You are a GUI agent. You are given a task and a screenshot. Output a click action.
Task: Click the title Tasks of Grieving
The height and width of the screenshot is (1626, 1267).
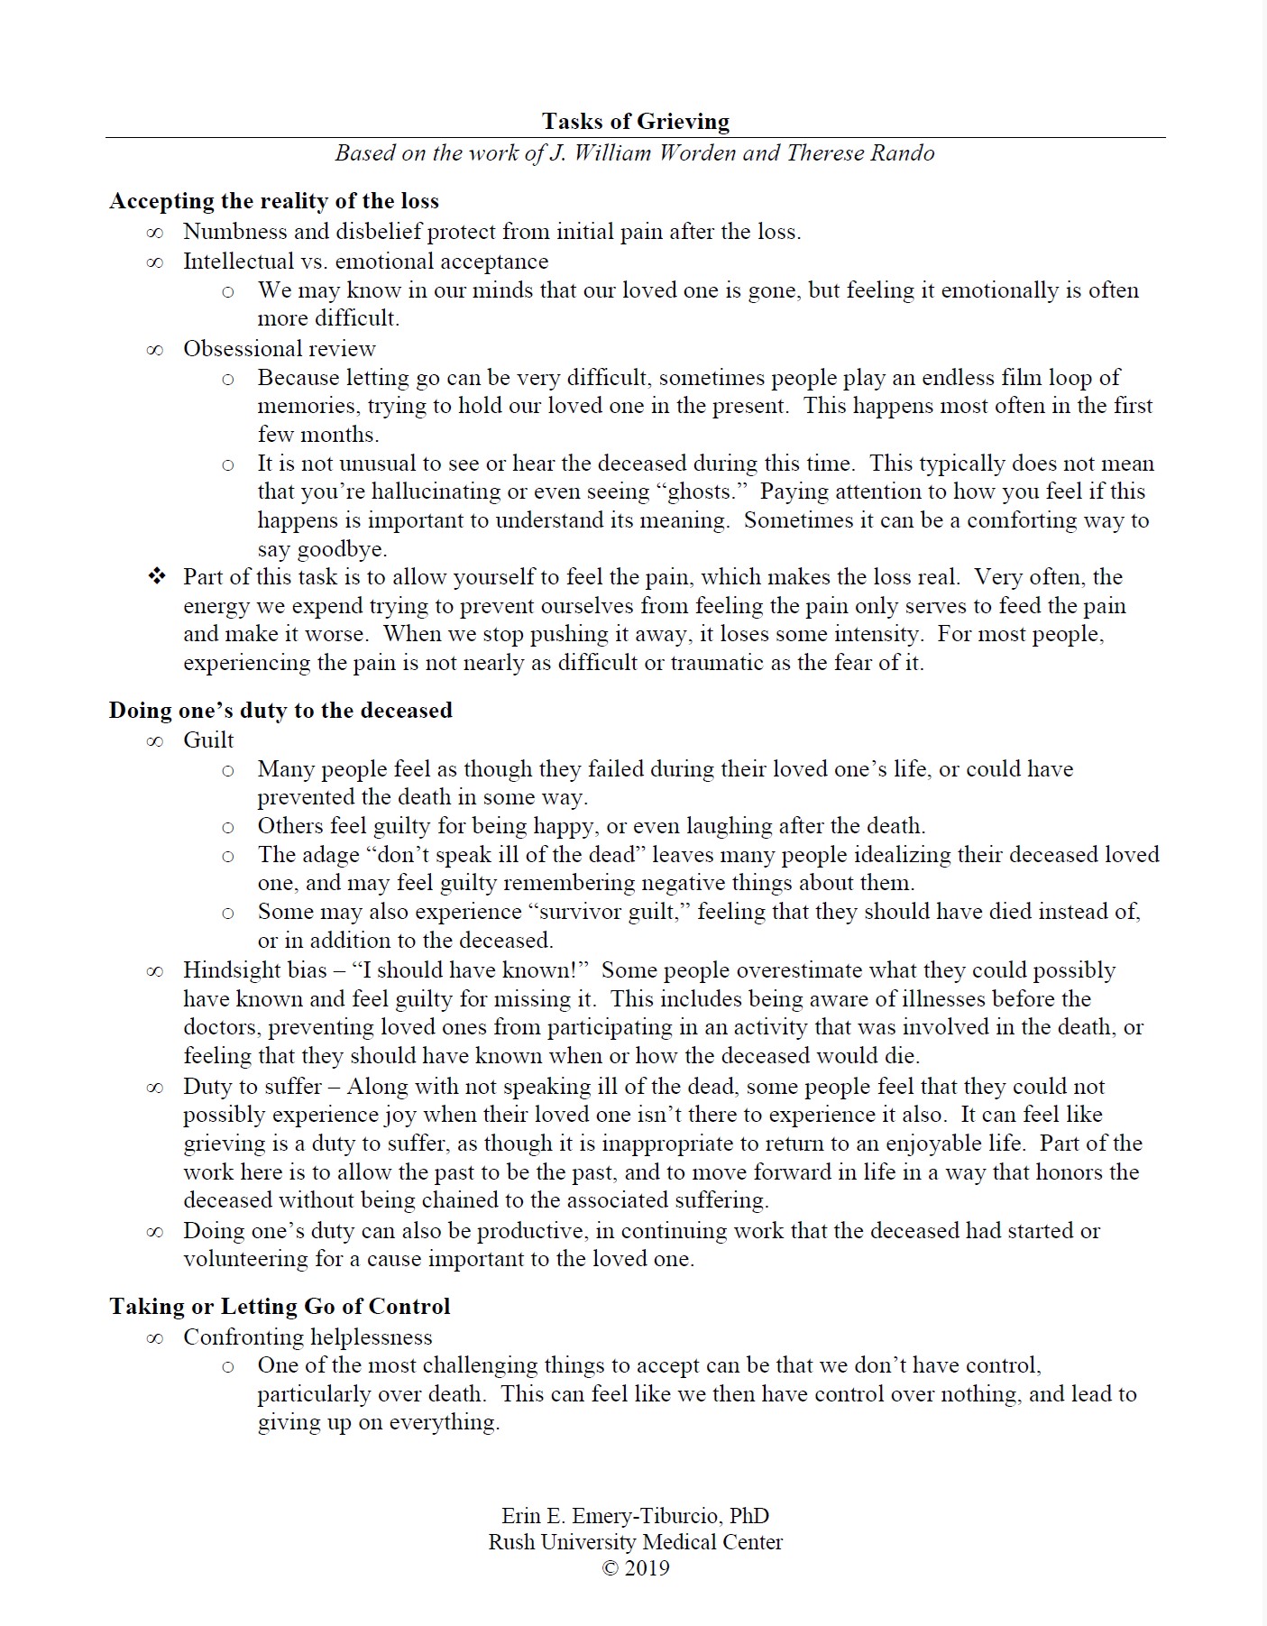click(635, 122)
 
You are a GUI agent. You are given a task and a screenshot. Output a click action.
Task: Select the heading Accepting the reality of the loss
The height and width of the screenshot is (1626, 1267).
click(274, 201)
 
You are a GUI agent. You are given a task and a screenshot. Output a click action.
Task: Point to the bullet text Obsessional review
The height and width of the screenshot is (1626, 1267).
click(280, 349)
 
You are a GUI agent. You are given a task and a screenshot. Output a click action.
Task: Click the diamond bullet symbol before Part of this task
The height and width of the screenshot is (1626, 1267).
click(157, 576)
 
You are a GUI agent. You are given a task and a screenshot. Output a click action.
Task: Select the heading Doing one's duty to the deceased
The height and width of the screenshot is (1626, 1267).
click(280, 711)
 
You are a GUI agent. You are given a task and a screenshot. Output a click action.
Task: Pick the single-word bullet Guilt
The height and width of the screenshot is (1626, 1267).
click(208, 740)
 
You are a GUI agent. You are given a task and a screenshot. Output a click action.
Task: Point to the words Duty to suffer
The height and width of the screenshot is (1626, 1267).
click(252, 1087)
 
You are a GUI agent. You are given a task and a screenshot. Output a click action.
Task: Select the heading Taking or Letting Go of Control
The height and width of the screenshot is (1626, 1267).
click(280, 1307)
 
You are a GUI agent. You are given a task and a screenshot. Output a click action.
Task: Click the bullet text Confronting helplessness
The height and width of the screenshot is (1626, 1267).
click(308, 1337)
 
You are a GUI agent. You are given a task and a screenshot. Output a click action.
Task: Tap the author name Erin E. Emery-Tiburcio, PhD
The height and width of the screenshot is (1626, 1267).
click(635, 1516)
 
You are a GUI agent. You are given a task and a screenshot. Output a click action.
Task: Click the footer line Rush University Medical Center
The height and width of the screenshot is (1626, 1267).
click(635, 1542)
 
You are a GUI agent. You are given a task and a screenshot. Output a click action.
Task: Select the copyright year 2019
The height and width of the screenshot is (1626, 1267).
click(647, 1568)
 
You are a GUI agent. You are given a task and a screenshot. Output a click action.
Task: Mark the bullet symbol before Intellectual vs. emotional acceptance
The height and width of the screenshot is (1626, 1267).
click(155, 262)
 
